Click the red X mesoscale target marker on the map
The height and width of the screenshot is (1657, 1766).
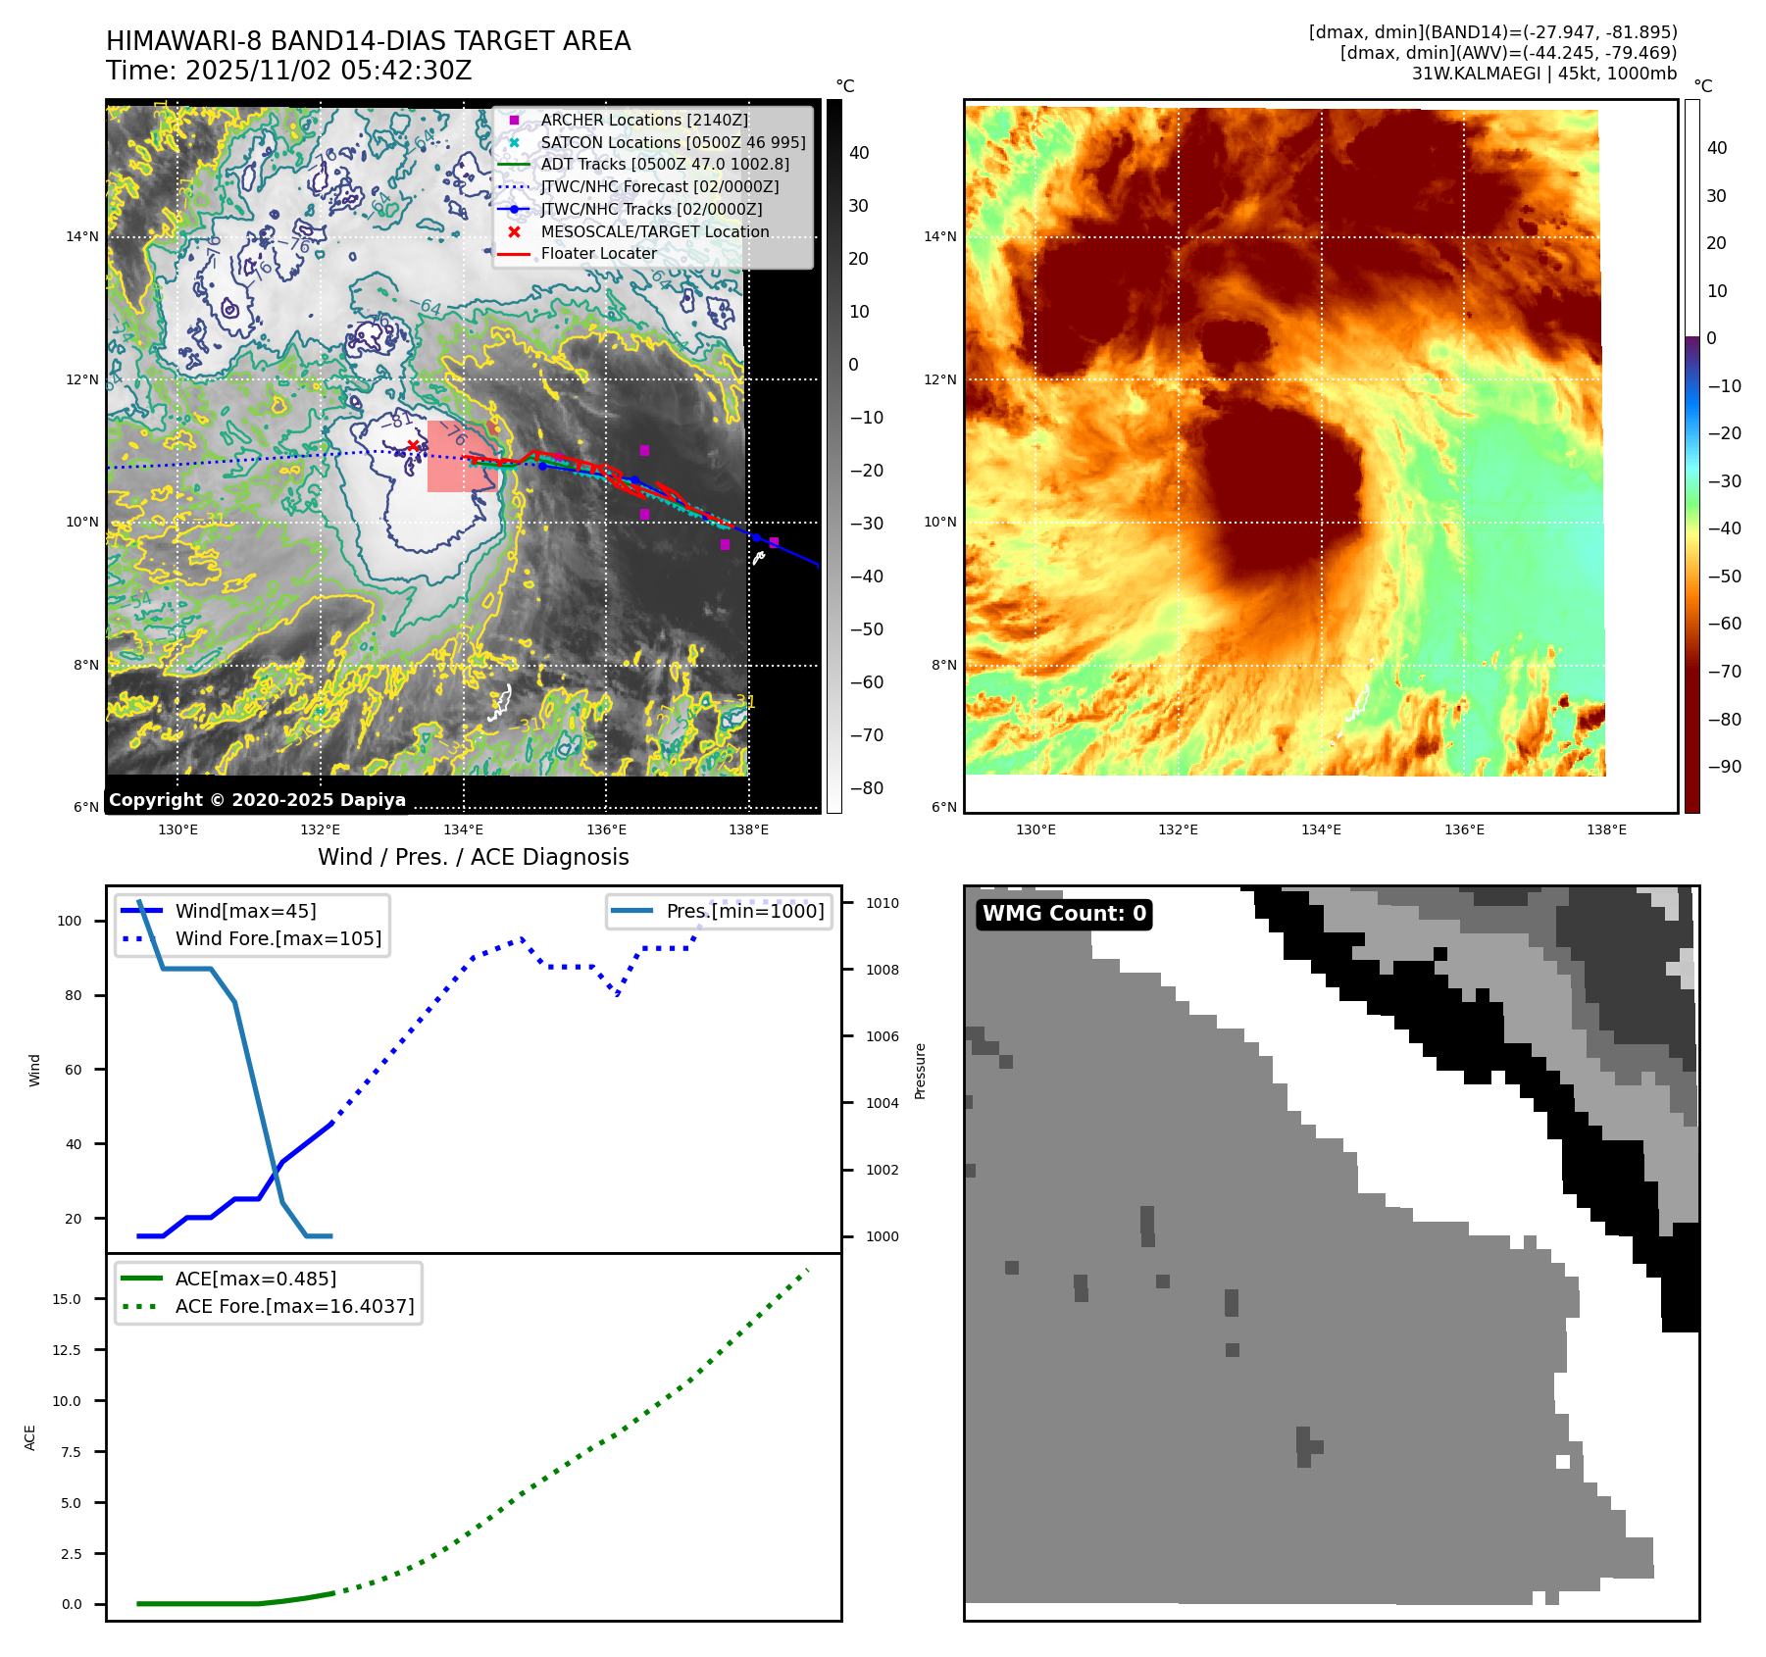[413, 446]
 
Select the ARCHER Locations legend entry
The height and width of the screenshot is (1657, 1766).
[643, 120]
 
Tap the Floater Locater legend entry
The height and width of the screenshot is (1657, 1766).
[598, 253]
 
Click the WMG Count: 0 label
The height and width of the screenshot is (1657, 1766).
[1064, 914]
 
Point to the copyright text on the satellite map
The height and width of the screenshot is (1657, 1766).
[257, 800]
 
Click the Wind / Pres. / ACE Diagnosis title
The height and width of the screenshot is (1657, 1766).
[473, 857]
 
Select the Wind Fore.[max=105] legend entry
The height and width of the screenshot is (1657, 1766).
[278, 938]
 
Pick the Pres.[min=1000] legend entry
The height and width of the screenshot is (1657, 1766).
[745, 911]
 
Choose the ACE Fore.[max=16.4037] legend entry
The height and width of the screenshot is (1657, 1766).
[294, 1306]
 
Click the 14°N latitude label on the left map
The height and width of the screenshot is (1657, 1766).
[82, 236]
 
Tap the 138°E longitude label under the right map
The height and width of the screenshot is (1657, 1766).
[1606, 829]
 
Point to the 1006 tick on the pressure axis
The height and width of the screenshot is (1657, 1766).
[883, 1036]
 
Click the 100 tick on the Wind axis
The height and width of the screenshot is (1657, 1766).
[70, 921]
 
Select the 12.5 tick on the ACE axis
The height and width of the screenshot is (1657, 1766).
[67, 1350]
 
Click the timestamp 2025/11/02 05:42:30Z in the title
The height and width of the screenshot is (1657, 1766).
[328, 71]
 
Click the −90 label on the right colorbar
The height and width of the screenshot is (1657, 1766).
[1724, 767]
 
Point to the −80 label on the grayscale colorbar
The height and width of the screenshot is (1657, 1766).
[866, 788]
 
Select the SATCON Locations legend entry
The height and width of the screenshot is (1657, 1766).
[673, 142]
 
